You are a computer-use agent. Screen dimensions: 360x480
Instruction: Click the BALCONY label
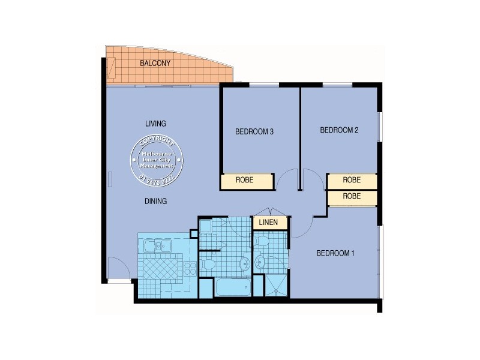[x=155, y=63]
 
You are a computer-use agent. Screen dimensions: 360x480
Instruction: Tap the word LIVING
[x=155, y=124]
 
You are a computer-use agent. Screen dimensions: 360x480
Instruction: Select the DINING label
[x=155, y=202]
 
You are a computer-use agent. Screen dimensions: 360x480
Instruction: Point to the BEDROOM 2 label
[x=339, y=130]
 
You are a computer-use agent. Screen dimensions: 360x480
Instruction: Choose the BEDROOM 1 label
[x=335, y=254]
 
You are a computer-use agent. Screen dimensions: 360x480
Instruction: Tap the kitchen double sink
[x=160, y=246]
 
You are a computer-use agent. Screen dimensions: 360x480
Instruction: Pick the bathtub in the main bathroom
[x=233, y=287]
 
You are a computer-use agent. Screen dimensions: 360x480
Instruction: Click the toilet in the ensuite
[x=262, y=241]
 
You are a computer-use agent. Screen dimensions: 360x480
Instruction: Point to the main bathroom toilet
[x=207, y=264]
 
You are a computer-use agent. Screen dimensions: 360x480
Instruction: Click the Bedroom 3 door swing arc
[x=288, y=179]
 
